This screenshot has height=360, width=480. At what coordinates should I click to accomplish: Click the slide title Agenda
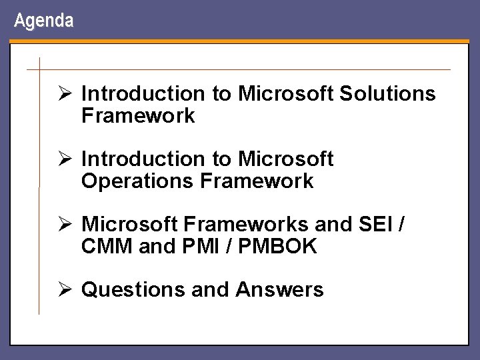click(x=43, y=21)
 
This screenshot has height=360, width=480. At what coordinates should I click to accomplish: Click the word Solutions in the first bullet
click(x=387, y=94)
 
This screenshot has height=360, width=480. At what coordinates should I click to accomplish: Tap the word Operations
click(x=137, y=181)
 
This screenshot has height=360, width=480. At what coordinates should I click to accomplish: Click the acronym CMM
click(x=107, y=247)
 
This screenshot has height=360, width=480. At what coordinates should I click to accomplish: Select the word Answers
click(x=279, y=290)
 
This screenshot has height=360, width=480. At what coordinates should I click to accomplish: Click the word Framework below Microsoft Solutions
click(x=138, y=116)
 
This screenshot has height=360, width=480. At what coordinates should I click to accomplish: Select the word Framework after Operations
click(x=256, y=181)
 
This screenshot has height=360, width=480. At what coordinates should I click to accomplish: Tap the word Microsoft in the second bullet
click(x=285, y=159)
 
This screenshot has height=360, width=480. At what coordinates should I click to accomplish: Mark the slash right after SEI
click(x=400, y=225)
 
